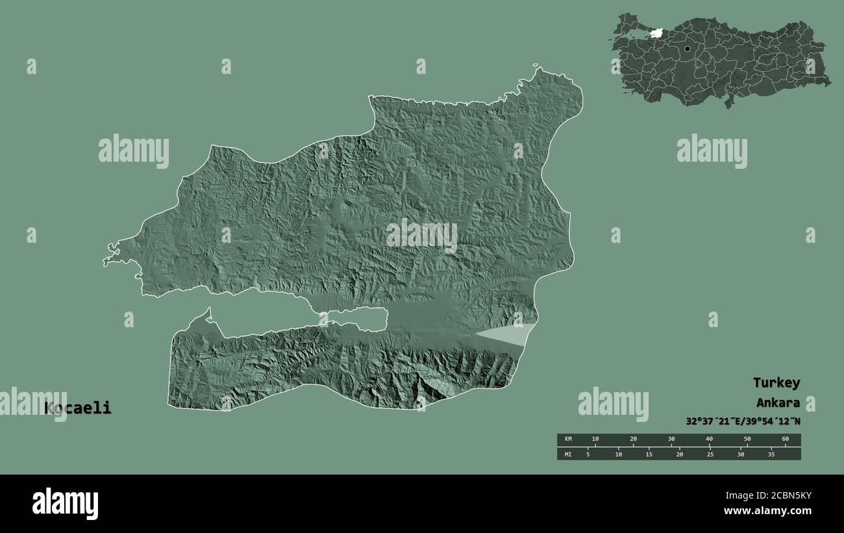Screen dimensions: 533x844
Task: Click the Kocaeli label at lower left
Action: [x=78, y=408]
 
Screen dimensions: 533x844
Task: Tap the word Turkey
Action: [x=776, y=382]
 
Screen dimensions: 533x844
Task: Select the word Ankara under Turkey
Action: [x=778, y=403]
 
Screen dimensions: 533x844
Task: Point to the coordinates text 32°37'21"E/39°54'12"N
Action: [x=743, y=421]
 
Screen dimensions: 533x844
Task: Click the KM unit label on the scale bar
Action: [x=567, y=440]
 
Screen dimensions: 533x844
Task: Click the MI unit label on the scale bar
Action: [x=567, y=454]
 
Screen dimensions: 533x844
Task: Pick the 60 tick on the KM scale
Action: [x=785, y=440]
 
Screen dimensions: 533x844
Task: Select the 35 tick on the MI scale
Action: [x=771, y=454]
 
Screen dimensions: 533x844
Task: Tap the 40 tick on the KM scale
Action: [x=709, y=440]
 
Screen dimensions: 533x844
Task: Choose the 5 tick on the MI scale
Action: [x=588, y=454]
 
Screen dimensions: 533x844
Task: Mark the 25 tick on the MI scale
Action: [x=710, y=454]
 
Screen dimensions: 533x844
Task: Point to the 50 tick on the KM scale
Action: [x=747, y=440]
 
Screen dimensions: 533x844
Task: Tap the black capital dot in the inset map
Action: [x=687, y=48]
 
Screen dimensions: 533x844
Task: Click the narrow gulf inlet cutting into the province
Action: [x=299, y=319]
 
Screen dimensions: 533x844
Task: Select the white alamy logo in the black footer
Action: [x=65, y=504]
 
